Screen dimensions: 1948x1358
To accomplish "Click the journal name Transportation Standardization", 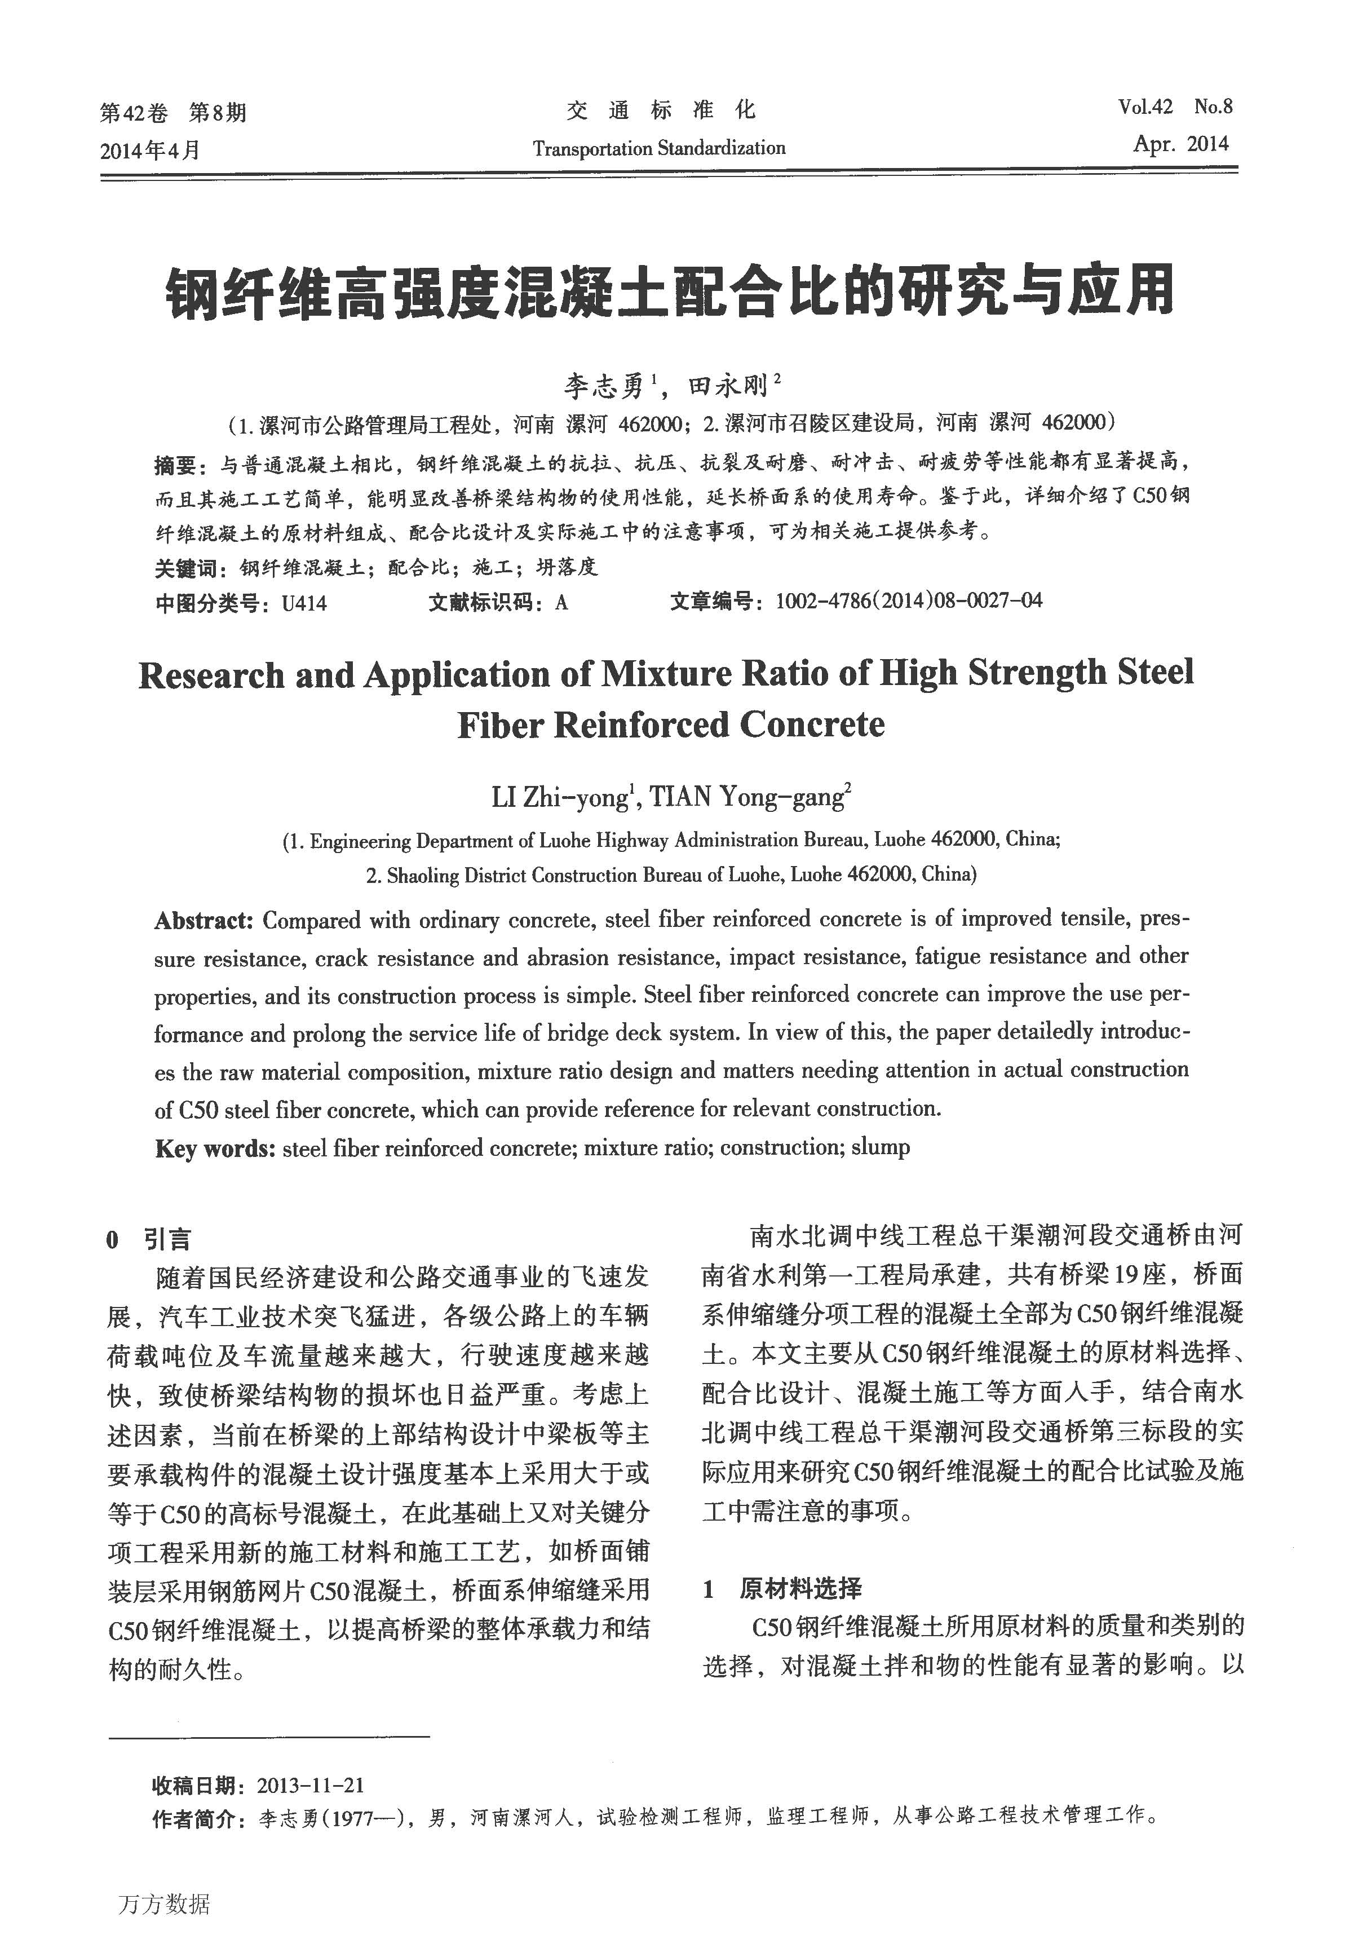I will tap(659, 148).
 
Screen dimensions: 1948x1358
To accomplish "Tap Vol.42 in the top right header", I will tap(1144, 107).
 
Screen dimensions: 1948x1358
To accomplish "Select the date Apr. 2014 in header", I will tap(1181, 144).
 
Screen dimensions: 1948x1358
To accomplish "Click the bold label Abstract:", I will tap(204, 921).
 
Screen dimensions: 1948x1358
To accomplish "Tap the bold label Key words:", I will tap(215, 1149).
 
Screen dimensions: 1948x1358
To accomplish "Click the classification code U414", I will tap(304, 603).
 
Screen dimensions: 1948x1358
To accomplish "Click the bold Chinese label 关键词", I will tap(184, 568).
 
